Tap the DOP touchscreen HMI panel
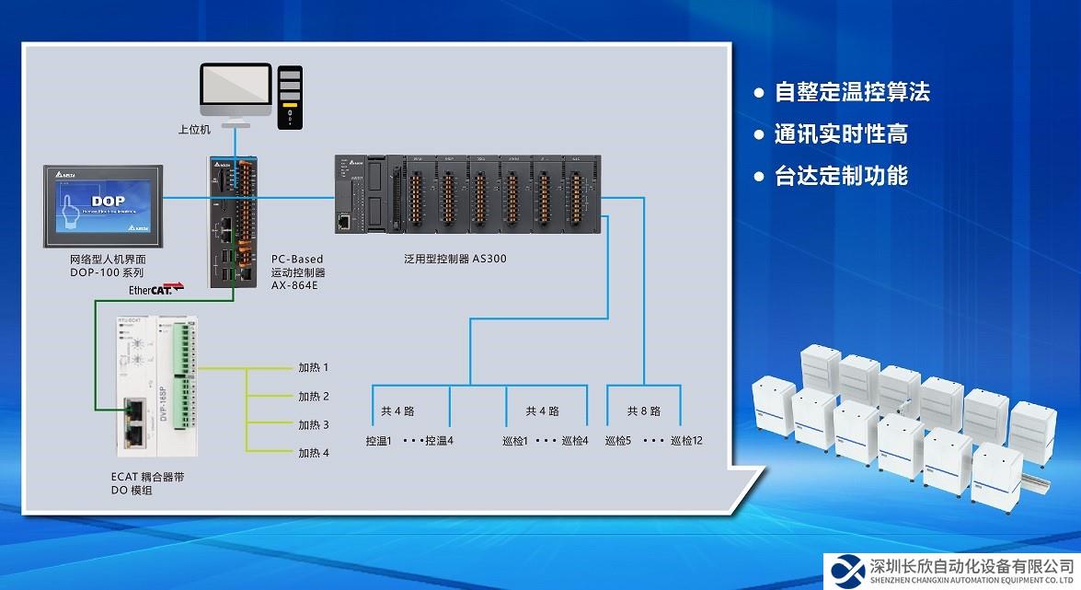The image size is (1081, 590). [102, 205]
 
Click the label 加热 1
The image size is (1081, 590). [313, 368]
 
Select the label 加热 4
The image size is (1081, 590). [313, 453]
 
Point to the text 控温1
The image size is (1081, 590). [378, 441]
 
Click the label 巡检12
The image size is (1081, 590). [686, 441]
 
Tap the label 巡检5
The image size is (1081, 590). [618, 441]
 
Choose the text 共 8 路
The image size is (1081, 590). [644, 411]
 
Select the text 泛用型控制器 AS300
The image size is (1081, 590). [455, 260]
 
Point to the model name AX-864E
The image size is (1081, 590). [294, 286]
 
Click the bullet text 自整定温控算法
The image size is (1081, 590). [852, 92]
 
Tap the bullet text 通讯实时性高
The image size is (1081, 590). [841, 134]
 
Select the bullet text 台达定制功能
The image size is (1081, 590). [841, 176]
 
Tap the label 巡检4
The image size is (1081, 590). [574, 441]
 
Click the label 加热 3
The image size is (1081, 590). [313, 424]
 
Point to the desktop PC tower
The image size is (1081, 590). [291, 97]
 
